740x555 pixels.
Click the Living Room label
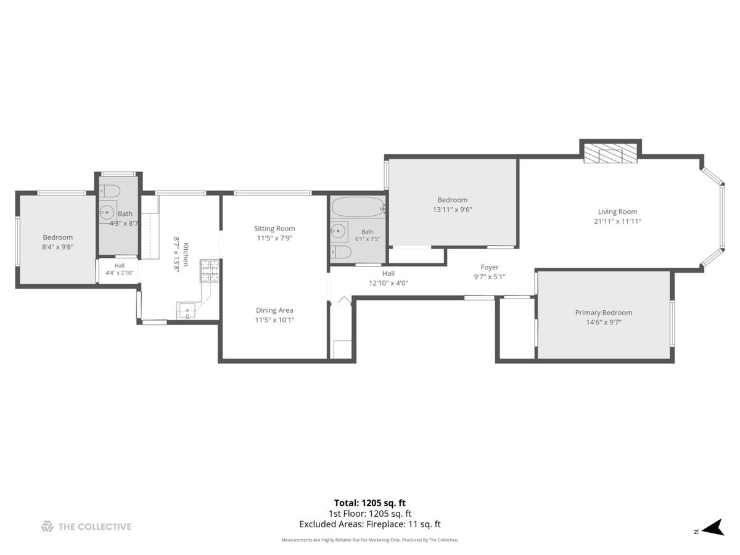(x=617, y=212)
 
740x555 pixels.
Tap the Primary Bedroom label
(x=604, y=313)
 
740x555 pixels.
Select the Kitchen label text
(x=186, y=255)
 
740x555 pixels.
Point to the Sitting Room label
(x=274, y=228)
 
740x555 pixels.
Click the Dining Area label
(x=274, y=310)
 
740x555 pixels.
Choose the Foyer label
(x=490, y=267)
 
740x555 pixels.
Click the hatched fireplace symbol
(x=610, y=153)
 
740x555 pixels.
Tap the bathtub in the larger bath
(x=358, y=207)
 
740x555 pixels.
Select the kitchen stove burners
(x=210, y=270)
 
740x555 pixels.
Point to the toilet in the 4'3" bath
(x=110, y=191)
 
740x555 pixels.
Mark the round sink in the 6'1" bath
(x=338, y=231)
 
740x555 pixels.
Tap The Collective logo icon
(x=47, y=527)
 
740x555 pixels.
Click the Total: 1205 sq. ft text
(x=370, y=503)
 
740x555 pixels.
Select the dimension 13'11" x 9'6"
(x=453, y=210)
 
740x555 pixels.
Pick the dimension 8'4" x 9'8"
(x=57, y=247)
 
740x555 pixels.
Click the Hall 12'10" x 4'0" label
(x=388, y=278)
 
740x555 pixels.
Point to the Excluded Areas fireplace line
(x=370, y=524)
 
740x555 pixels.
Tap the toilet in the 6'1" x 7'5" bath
(x=341, y=252)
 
